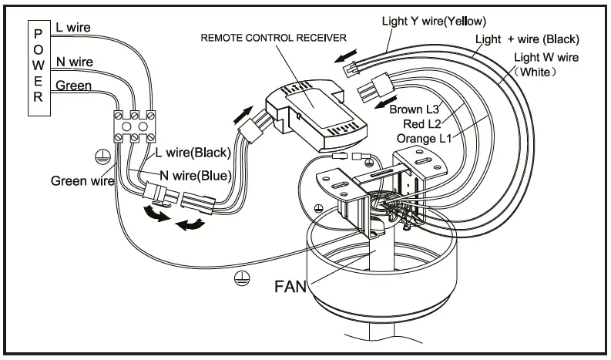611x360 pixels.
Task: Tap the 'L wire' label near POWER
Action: point(72,27)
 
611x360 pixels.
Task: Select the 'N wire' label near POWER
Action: point(74,61)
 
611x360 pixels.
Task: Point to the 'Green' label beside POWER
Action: point(72,86)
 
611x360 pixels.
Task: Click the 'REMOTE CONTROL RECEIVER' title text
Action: point(274,37)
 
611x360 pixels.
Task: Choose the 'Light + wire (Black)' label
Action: point(527,39)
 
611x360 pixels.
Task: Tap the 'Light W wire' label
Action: point(546,57)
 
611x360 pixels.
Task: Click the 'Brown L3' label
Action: point(416,109)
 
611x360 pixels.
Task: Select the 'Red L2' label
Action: point(421,123)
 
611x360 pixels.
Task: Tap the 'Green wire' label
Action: point(82,182)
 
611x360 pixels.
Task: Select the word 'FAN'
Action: point(290,288)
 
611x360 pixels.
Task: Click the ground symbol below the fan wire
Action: point(240,278)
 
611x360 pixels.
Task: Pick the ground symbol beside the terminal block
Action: point(99,156)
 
